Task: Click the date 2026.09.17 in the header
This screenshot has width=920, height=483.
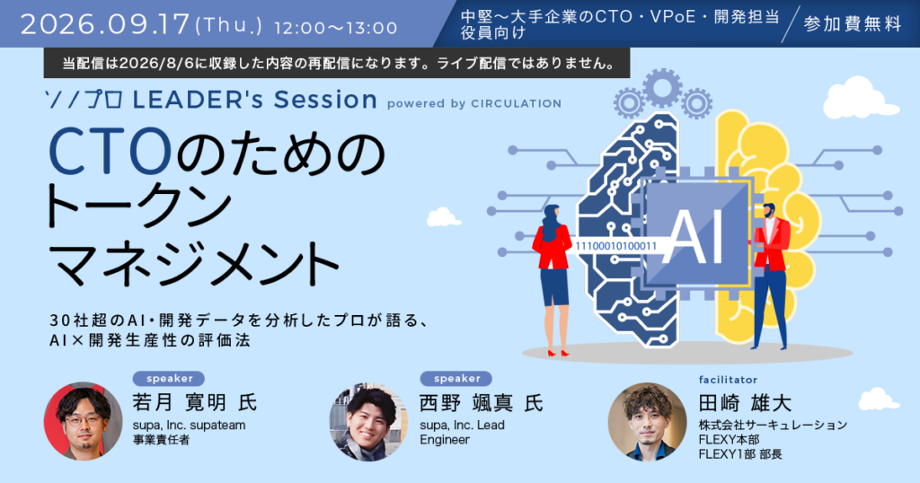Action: [105, 24]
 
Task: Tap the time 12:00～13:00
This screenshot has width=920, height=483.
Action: [336, 28]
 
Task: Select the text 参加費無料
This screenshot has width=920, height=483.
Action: [853, 24]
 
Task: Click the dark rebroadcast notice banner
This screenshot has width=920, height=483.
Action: [337, 64]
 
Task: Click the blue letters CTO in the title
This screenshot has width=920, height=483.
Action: [110, 151]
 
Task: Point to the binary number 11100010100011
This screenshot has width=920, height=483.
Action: [615, 246]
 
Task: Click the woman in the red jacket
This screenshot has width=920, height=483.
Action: [553, 278]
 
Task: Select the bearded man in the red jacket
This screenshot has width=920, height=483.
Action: [770, 276]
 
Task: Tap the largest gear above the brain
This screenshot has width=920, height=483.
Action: [662, 89]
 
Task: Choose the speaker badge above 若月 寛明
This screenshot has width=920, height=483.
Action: [168, 379]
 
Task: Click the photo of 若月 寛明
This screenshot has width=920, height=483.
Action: [84, 421]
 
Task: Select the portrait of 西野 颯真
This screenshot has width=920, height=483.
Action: [368, 422]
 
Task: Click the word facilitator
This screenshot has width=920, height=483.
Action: [728, 380]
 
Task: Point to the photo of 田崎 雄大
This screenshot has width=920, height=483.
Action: [647, 422]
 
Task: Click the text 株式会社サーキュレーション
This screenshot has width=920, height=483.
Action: [773, 425]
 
